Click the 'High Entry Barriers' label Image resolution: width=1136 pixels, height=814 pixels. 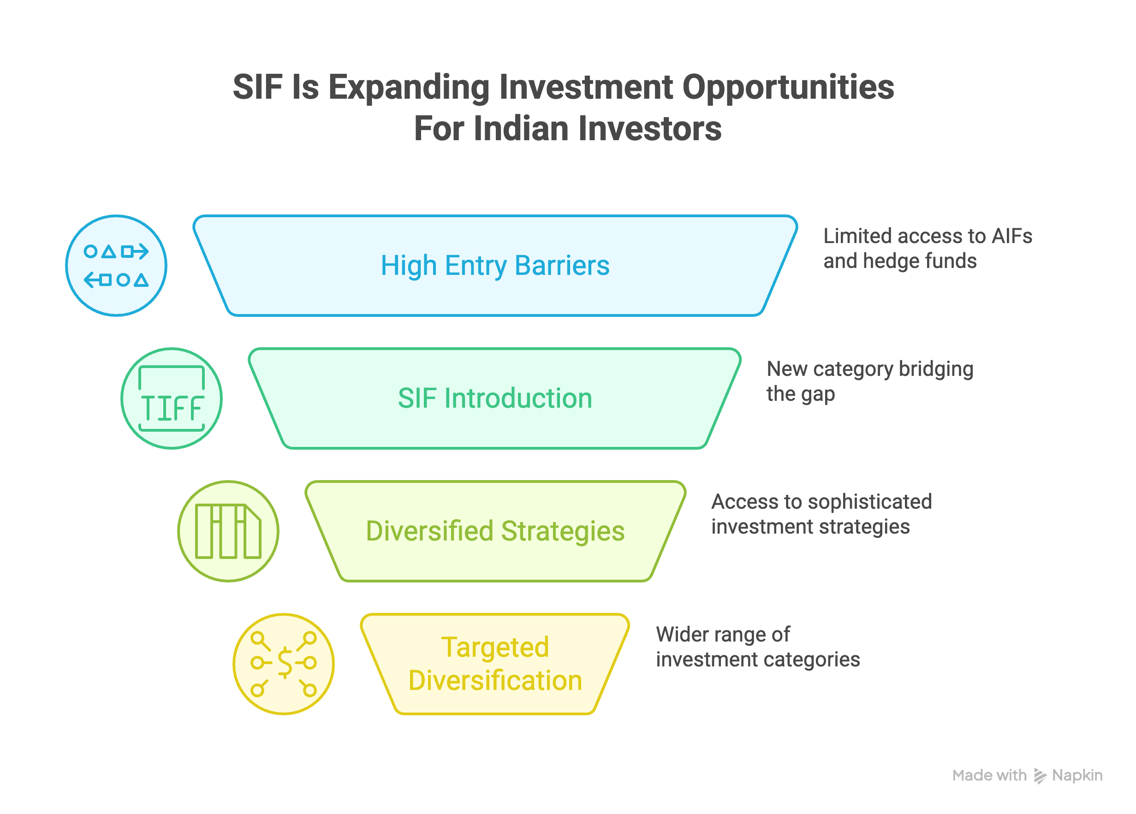[x=495, y=266]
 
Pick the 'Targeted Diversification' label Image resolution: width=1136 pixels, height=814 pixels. [x=495, y=664]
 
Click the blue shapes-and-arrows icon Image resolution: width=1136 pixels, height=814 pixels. [x=116, y=266]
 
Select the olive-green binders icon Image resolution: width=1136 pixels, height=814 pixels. [x=228, y=531]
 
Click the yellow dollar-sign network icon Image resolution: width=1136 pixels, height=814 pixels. [x=284, y=664]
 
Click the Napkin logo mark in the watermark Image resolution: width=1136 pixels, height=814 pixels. [x=1040, y=776]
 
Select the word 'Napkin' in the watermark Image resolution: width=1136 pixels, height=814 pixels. [x=1077, y=776]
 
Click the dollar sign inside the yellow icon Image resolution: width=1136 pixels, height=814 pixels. [x=285, y=662]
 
